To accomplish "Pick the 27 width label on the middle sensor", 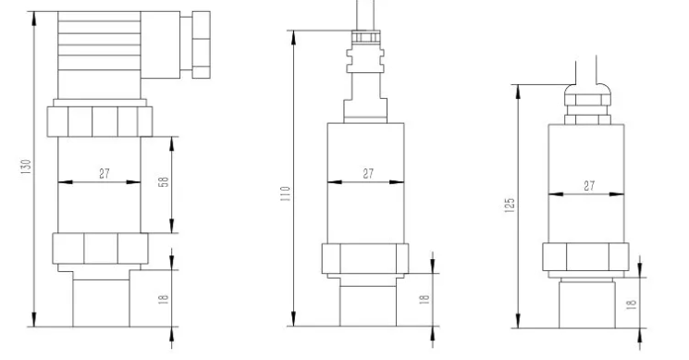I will point(367,173).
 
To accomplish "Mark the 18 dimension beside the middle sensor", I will point(424,300).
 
